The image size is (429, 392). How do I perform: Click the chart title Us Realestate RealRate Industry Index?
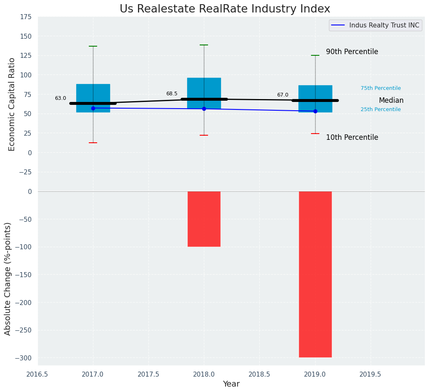(x=225, y=9)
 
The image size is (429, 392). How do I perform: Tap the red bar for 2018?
(x=204, y=219)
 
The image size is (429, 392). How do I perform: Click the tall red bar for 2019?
(x=315, y=274)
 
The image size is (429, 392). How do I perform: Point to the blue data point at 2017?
(x=93, y=108)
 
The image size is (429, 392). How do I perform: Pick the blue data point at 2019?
(x=315, y=111)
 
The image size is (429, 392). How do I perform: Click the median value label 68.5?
(x=172, y=94)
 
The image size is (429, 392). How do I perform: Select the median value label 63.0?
(x=60, y=99)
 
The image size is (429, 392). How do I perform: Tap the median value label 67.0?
(x=283, y=95)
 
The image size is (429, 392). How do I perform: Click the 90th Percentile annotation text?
(x=352, y=52)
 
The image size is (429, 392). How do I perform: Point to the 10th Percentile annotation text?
(x=352, y=138)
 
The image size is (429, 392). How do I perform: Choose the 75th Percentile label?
(x=381, y=88)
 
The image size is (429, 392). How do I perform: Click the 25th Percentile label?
(x=381, y=109)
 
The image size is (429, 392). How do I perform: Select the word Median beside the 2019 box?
(x=391, y=101)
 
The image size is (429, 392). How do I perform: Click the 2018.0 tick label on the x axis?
(x=204, y=375)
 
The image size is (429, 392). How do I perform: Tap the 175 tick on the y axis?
(x=26, y=17)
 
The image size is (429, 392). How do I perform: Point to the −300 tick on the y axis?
(x=24, y=358)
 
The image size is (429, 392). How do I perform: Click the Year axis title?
(x=231, y=384)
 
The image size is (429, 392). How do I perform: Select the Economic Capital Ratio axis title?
(x=12, y=104)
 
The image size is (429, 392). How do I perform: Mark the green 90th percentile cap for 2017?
(x=93, y=46)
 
